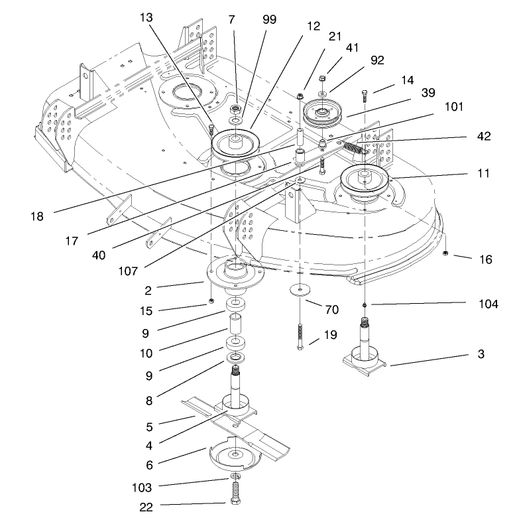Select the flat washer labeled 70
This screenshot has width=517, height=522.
[302, 291]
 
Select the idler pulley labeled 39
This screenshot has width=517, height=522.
[321, 114]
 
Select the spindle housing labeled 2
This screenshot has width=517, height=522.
[235, 272]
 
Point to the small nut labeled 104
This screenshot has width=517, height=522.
[365, 304]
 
